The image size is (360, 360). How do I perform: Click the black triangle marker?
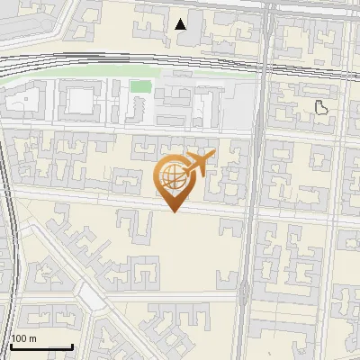tap(181, 23)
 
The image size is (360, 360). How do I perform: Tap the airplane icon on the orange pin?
tap(199, 164)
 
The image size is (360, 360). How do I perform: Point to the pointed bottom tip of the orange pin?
tap(173, 211)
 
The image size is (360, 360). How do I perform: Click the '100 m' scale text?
tap(23, 338)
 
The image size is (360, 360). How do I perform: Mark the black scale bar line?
tap(41, 346)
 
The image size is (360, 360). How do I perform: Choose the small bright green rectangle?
tap(139, 86)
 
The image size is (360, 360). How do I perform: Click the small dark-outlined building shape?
tap(321, 108)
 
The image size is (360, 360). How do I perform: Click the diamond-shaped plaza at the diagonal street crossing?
tap(90, 295)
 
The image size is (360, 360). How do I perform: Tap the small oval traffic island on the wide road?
tap(244, 290)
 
